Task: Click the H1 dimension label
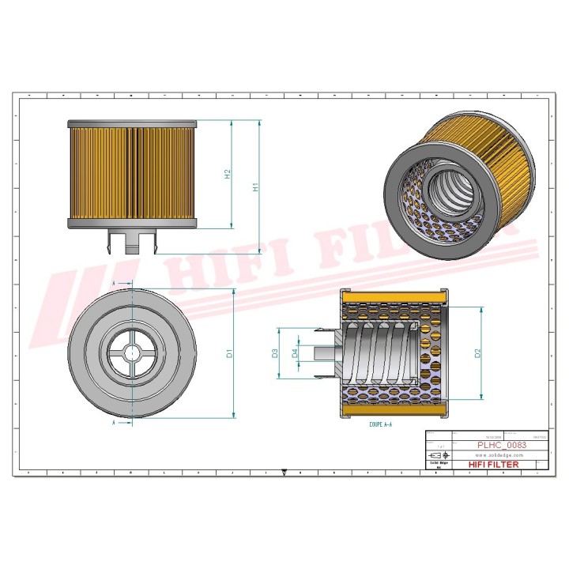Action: [255, 187]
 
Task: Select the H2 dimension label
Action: [227, 175]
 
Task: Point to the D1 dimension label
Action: [229, 353]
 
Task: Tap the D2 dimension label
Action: [477, 353]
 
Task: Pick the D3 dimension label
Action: [275, 353]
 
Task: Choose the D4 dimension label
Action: [296, 353]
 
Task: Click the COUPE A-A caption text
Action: [380, 424]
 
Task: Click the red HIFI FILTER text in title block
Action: [494, 465]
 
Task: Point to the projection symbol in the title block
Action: [437, 456]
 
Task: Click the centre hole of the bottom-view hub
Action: [130, 353]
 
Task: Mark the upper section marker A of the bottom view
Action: [115, 282]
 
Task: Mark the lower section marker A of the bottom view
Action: [115, 424]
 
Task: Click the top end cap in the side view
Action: [131, 124]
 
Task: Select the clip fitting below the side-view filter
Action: [131, 240]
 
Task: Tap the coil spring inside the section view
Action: [379, 352]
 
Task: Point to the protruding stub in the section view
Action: [323, 352]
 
